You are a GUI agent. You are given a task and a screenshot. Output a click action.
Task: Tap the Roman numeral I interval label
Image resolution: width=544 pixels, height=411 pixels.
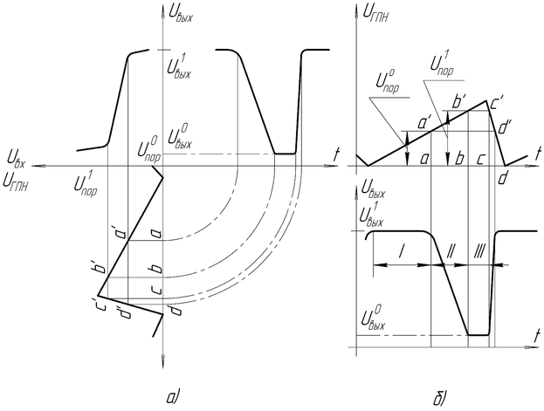pos(401,251)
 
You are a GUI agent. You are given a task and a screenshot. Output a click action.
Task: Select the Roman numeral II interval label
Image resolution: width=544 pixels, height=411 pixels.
pos(451,251)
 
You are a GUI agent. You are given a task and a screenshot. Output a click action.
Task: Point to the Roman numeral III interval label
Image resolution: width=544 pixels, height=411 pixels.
pos(479,251)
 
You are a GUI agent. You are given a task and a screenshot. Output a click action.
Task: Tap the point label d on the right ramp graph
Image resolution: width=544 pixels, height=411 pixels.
pos(503,178)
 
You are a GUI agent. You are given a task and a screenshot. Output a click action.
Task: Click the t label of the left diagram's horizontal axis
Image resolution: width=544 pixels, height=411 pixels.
pos(336,153)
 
